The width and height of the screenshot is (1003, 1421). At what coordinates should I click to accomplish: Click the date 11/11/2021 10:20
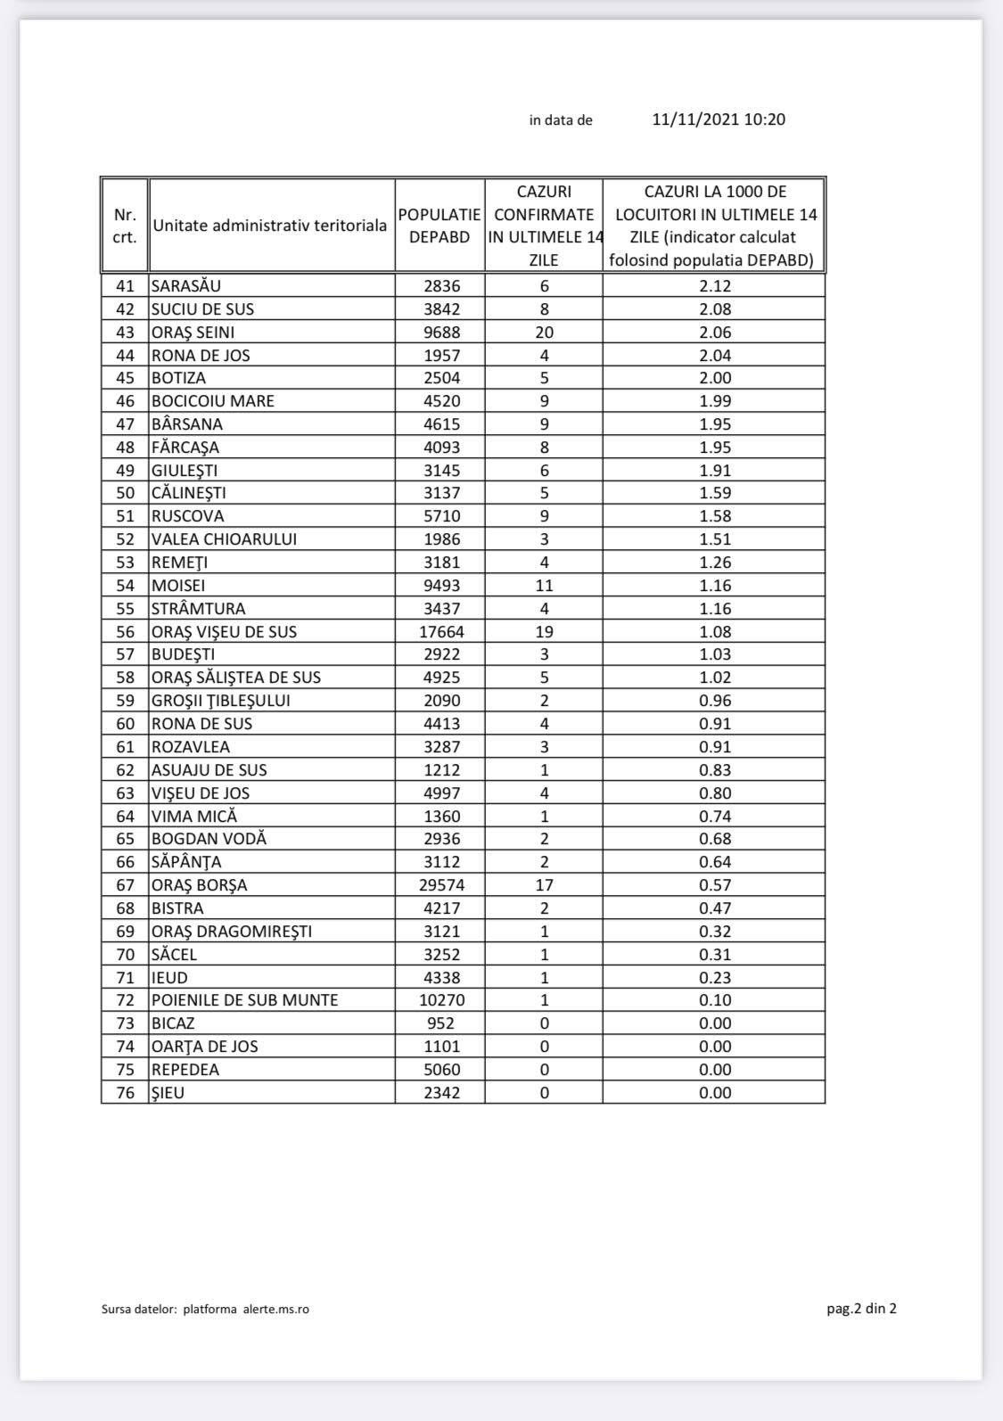[x=719, y=119]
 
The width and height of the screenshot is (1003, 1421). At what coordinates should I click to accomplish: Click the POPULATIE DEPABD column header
[x=440, y=226]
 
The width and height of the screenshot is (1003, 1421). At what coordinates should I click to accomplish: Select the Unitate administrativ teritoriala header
[x=270, y=226]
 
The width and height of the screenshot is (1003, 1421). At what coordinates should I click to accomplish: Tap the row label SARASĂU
[x=186, y=286]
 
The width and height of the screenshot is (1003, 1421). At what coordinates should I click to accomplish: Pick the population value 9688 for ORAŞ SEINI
[x=441, y=333]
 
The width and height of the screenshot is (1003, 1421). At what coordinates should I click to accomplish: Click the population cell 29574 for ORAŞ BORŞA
[x=441, y=885]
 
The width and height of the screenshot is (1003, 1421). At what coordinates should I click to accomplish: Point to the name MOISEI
[x=178, y=586]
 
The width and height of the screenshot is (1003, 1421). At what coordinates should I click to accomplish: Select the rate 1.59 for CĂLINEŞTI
[x=715, y=493]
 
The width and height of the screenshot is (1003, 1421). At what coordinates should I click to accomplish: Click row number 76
[x=125, y=1093]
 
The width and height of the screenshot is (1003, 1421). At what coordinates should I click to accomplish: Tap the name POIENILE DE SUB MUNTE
[x=245, y=1000]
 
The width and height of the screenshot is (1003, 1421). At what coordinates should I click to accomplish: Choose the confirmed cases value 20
[x=544, y=333]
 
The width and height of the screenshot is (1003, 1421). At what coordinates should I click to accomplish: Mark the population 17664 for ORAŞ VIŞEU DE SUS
[x=441, y=632]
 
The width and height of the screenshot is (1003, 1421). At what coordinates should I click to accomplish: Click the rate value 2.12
[x=715, y=286]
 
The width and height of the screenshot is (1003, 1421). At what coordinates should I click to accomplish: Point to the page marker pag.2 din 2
[x=861, y=1309]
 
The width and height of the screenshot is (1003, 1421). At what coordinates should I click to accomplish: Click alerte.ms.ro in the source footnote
[x=276, y=1310]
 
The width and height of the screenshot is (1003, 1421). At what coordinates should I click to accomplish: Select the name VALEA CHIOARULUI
[x=224, y=539]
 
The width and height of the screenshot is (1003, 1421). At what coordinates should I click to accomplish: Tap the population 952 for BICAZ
[x=441, y=1023]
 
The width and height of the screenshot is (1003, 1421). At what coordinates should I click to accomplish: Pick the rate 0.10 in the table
[x=715, y=1000]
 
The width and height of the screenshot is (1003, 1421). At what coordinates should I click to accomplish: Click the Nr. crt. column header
[x=125, y=226]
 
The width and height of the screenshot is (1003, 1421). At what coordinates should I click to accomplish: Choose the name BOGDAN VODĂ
[x=209, y=839]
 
